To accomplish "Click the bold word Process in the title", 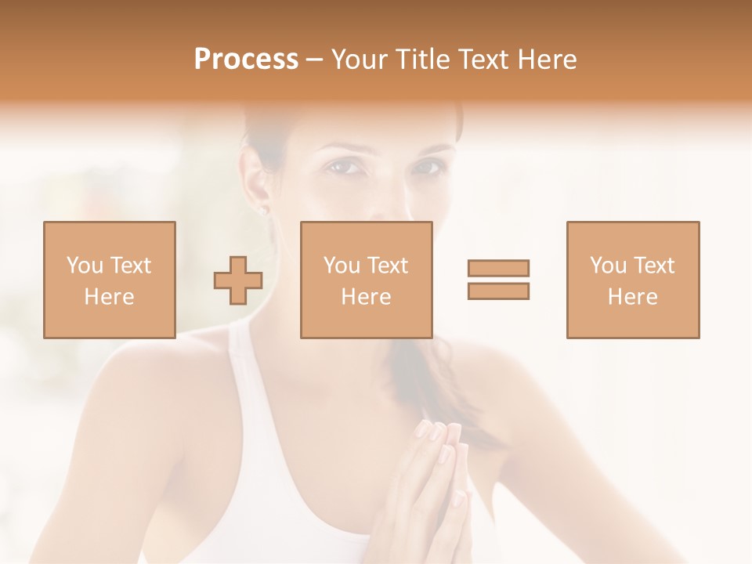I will click(x=246, y=60).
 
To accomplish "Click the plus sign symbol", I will click(x=238, y=280).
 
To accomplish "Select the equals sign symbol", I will click(x=498, y=280).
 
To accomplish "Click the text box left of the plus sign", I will click(x=110, y=280).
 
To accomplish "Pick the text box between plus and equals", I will click(x=366, y=280).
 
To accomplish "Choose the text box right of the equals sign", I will click(x=632, y=280).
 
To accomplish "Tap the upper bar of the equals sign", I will click(x=498, y=268).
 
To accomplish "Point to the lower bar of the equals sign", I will click(x=498, y=291).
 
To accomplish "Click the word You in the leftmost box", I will click(x=84, y=266).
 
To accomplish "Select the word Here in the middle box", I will click(x=366, y=297).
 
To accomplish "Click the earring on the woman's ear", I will click(x=263, y=210).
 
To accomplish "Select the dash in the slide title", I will click(x=314, y=60).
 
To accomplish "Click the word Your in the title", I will click(x=360, y=60).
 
